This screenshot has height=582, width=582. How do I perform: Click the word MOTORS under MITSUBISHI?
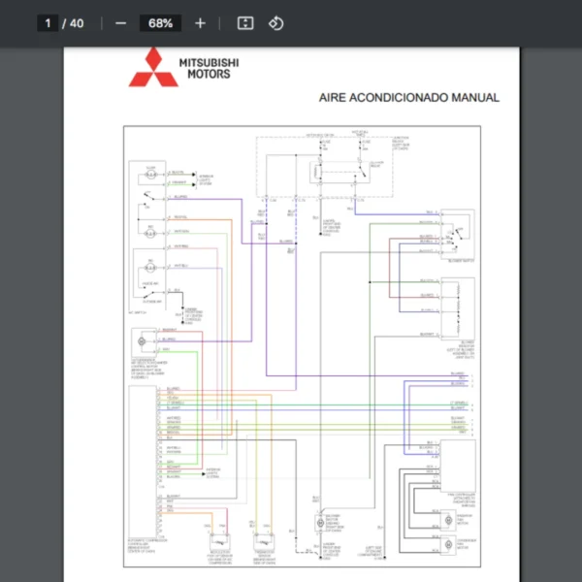click(x=209, y=74)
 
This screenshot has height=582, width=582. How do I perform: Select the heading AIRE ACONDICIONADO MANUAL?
click(x=409, y=98)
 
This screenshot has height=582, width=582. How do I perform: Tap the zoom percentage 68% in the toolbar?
click(x=160, y=23)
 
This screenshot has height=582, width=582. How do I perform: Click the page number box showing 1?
click(x=47, y=23)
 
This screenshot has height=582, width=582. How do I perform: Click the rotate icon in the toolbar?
click(x=275, y=23)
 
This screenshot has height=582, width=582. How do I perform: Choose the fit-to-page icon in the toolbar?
click(x=245, y=23)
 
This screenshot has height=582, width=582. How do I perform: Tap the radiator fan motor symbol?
click(x=445, y=518)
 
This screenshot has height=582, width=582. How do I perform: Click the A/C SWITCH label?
click(x=142, y=311)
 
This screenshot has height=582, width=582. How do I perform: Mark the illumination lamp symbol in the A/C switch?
click(x=151, y=175)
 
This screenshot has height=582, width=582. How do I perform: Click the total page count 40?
click(x=76, y=23)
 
